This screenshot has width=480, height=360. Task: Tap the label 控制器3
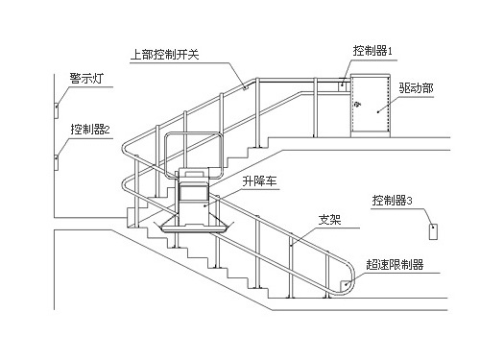pyautogui.click(x=393, y=202)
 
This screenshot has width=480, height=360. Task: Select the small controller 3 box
pyautogui.click(x=432, y=231)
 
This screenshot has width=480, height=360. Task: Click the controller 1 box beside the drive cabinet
pyautogui.click(x=343, y=86)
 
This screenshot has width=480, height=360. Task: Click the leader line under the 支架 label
pyautogui.click(x=312, y=228)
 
